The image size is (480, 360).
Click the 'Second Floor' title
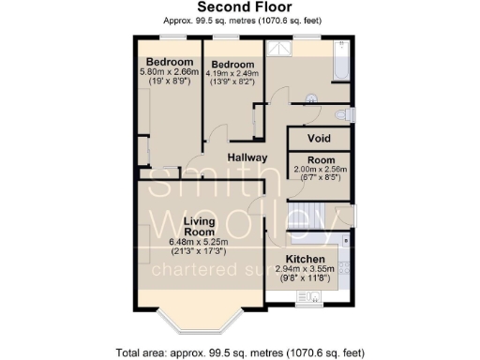tap(239, 8)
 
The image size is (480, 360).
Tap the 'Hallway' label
tap(247, 157)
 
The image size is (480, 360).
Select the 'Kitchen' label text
tap(305, 259)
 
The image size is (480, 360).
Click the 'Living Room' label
tap(200, 227)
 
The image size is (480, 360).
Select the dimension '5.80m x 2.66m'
tap(169, 71)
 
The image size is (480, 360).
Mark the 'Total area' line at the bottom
tap(240, 352)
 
